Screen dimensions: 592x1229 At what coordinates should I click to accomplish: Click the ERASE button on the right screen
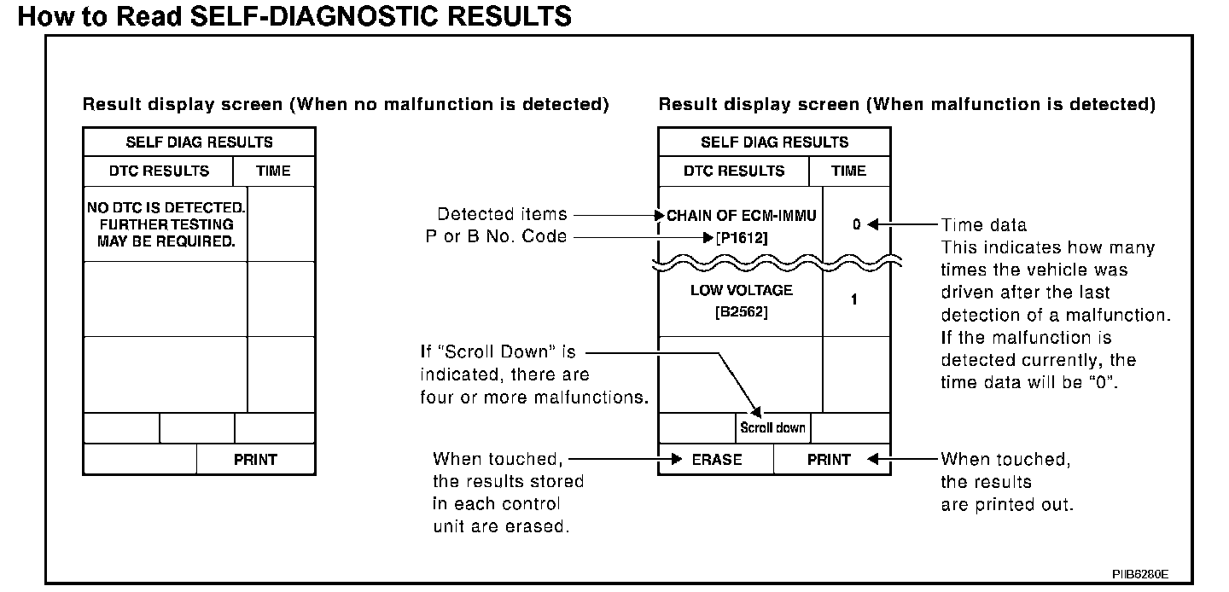click(716, 460)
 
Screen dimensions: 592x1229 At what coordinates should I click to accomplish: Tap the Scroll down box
click(772, 427)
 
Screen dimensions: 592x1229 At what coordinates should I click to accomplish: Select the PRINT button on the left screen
click(255, 460)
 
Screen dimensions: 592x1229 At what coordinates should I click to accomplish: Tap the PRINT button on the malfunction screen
click(829, 460)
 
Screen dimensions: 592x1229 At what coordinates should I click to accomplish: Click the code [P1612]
click(741, 239)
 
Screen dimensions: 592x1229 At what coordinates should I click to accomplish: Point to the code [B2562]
click(741, 313)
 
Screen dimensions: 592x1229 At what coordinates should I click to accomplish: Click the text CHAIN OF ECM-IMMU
click(741, 216)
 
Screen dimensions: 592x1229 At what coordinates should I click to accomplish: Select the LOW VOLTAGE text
click(741, 290)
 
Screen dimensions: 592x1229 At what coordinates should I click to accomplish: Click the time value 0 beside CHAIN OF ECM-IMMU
click(856, 225)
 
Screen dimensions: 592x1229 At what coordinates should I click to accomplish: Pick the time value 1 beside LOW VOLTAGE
click(854, 300)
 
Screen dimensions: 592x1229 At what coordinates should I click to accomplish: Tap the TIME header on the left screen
click(273, 171)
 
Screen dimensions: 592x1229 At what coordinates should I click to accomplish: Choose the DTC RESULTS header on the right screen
click(733, 171)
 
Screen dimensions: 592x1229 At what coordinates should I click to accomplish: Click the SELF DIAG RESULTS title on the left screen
click(199, 142)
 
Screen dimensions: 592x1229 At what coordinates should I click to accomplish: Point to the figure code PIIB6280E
click(1139, 573)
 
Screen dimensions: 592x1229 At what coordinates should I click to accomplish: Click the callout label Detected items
click(502, 214)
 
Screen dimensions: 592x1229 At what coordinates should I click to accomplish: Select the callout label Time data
click(983, 225)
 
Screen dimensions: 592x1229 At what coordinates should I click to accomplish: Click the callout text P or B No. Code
click(496, 236)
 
